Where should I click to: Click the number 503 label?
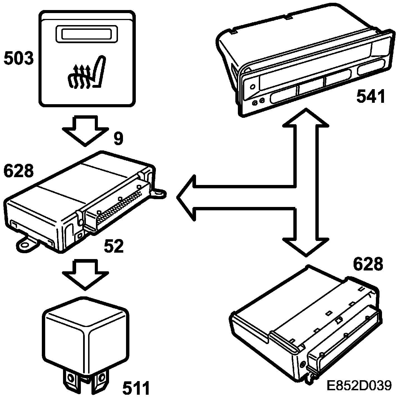pos(18,59)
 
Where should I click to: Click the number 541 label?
pos(371,96)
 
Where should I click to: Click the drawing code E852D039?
pos(359,386)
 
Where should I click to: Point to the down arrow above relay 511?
pos(85,273)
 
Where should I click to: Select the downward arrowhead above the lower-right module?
pos(306,245)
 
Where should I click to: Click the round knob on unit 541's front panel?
pos(252,87)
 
